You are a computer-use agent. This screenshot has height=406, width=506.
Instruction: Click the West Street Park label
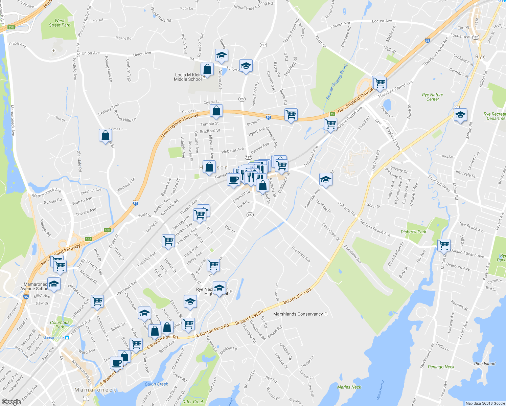pos(60,23)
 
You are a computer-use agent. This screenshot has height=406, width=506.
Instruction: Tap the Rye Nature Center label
pos(432,97)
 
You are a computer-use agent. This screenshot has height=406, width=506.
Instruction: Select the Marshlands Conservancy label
pos(298,314)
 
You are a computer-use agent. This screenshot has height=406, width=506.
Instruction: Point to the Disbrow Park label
pos(413,232)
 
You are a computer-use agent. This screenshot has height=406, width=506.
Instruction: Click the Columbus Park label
pos(60,324)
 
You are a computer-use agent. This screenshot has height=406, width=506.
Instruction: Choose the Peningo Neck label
pos(441,367)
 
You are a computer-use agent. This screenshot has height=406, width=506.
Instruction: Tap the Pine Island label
pos(485,364)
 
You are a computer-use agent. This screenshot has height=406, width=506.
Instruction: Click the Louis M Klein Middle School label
pos(188,77)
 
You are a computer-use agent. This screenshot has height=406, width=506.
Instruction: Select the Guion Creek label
pos(156,384)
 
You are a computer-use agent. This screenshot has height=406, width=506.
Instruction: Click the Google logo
pos(11,402)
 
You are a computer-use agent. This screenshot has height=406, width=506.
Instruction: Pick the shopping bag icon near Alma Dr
pos(105,136)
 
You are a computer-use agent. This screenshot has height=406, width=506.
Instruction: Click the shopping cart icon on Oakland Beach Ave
pos(443,245)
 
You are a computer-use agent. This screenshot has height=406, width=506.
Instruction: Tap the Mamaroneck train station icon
pos(67,338)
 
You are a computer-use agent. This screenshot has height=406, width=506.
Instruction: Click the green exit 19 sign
pos(332,114)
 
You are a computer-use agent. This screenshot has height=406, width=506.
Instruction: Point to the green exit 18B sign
pos(107,230)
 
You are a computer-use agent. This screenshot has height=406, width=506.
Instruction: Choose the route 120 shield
pos(476,37)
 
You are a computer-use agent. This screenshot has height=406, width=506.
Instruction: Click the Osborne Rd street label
pos(347,209)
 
